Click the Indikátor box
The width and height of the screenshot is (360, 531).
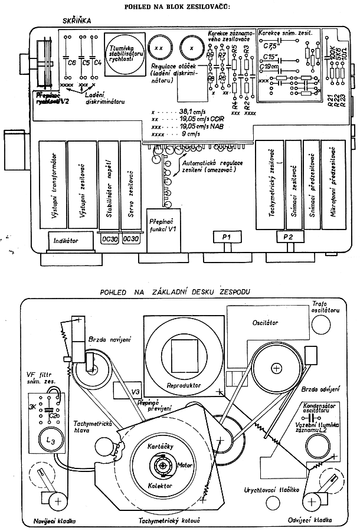coord(66,241)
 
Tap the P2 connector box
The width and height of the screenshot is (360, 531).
coord(289,237)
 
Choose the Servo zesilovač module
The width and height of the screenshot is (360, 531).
coord(130,184)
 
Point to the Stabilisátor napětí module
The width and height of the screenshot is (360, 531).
coord(109,184)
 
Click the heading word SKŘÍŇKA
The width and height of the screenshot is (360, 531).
coord(77,20)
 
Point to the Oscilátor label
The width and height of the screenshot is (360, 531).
coord(265,323)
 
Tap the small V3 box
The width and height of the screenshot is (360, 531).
coord(135,391)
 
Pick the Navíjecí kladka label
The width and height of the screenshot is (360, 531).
coord(48,522)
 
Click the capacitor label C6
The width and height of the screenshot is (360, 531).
coord(72,62)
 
